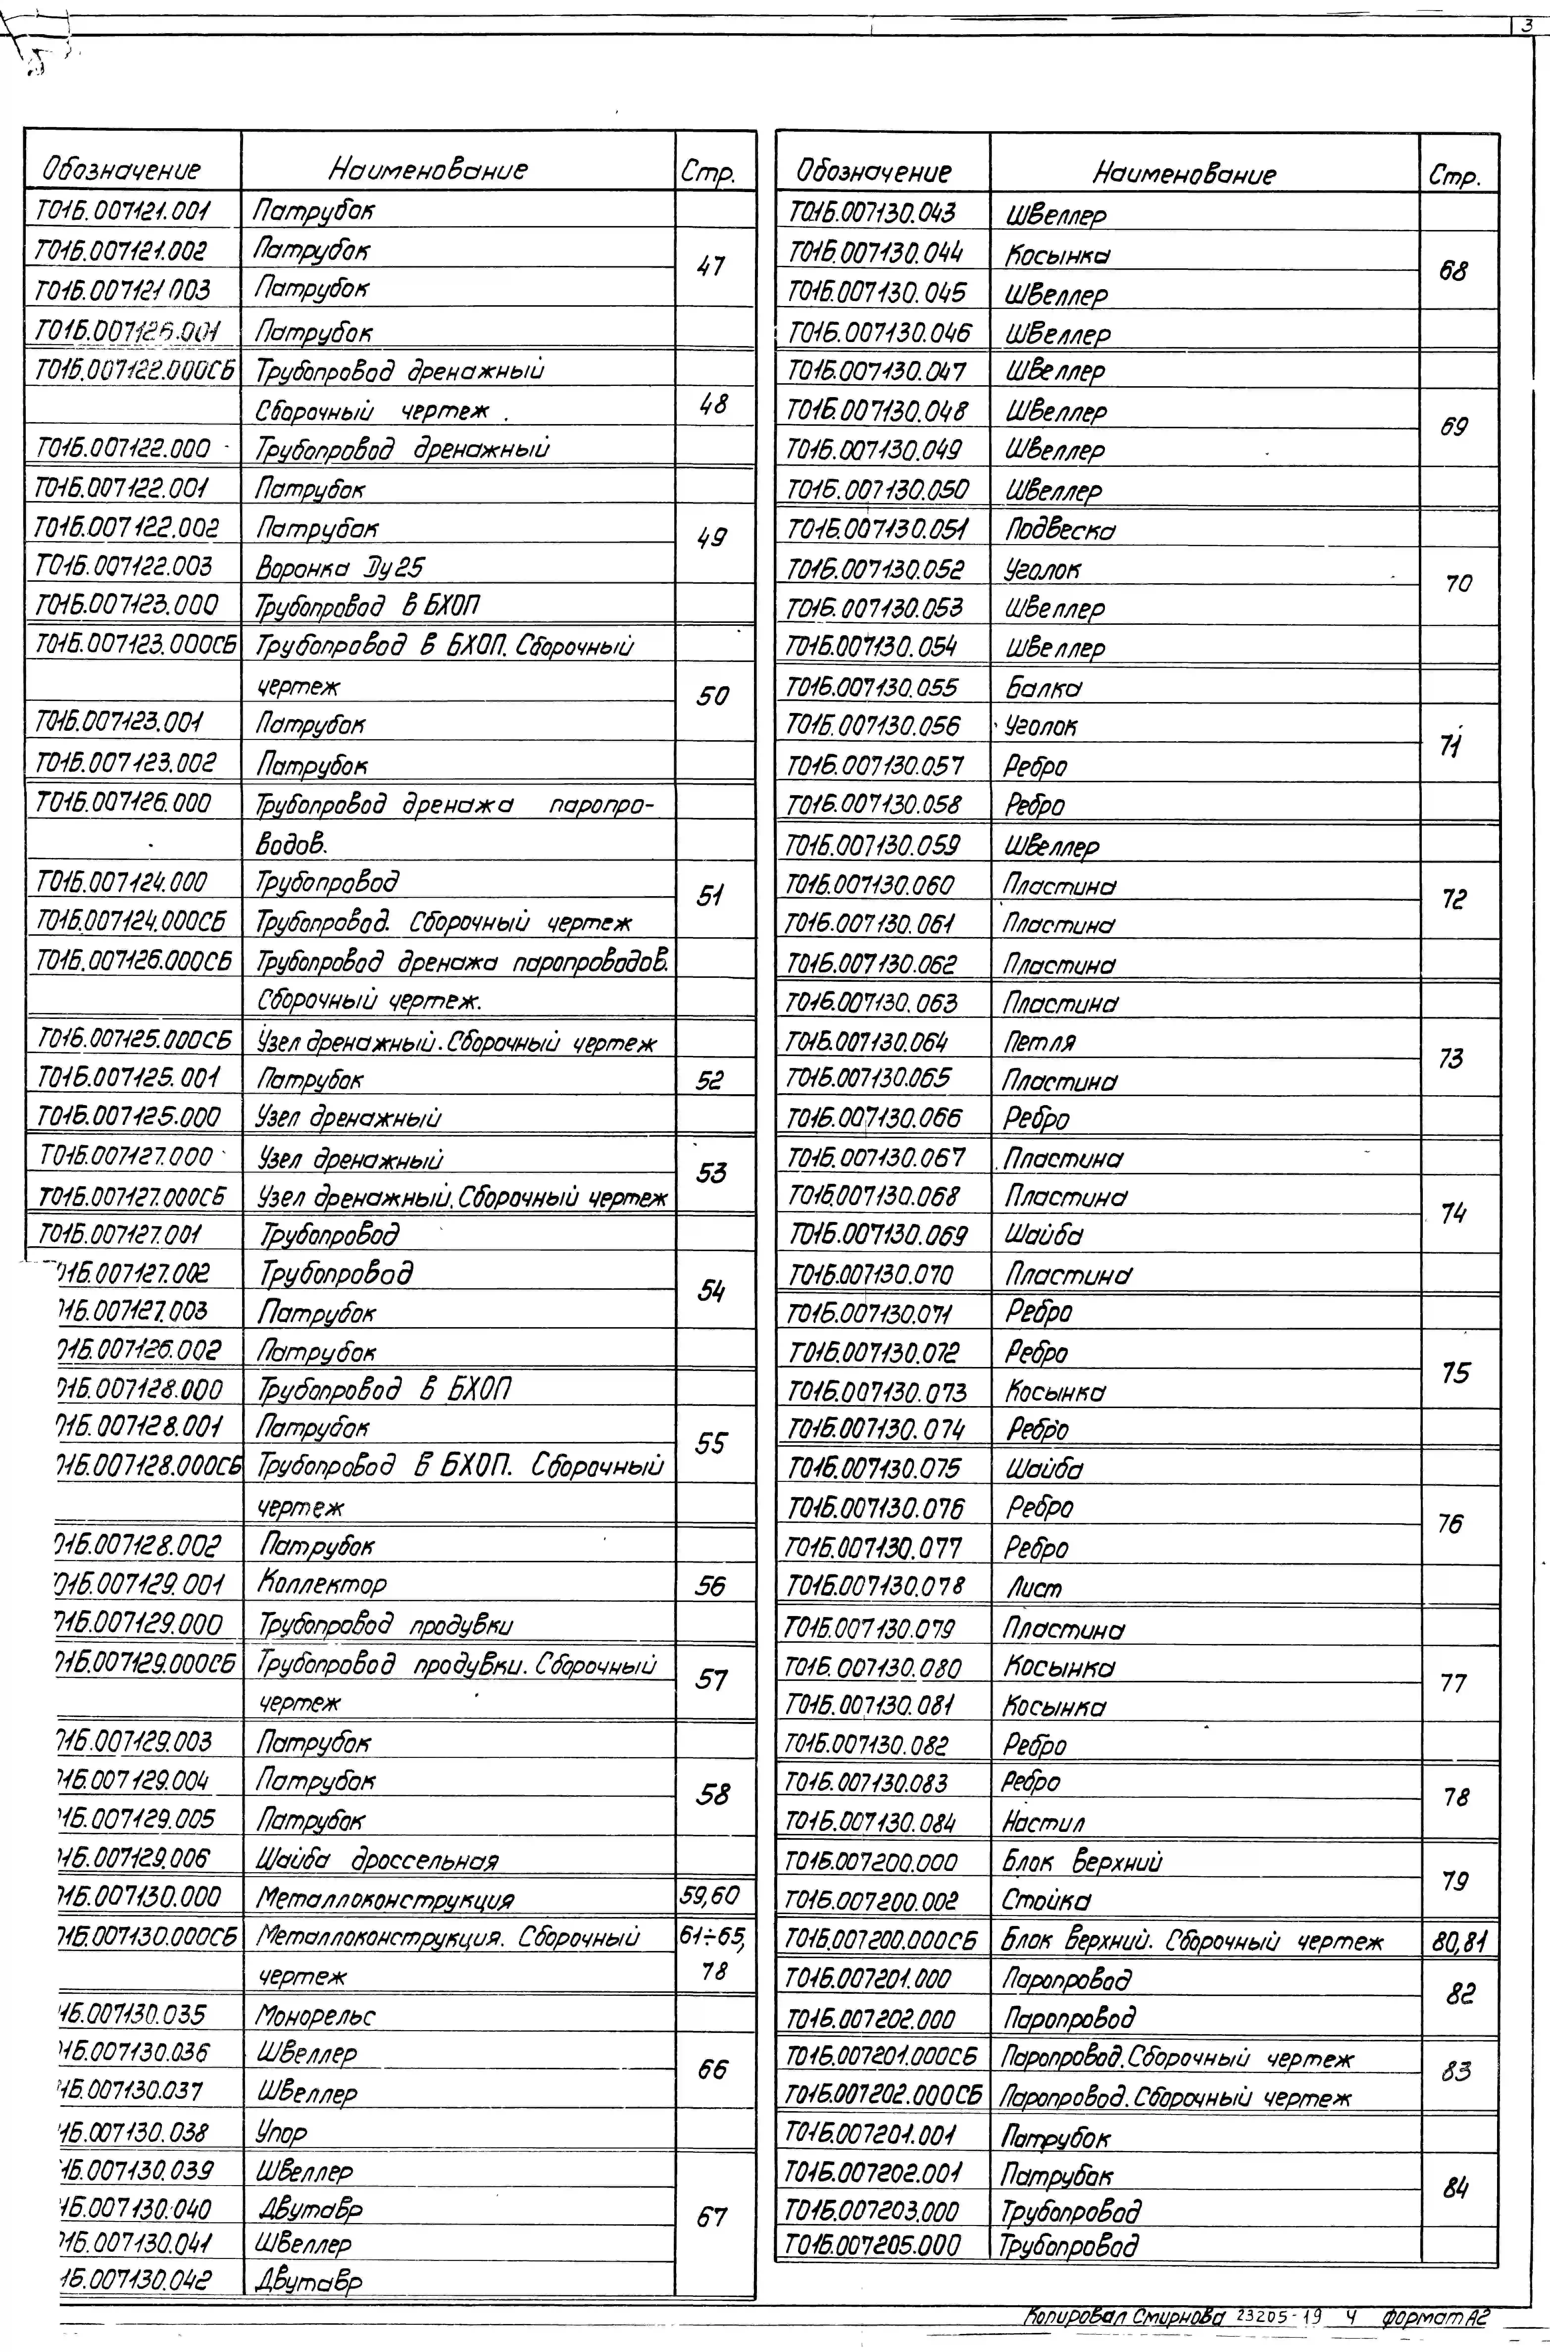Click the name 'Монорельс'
pos(316,2015)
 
